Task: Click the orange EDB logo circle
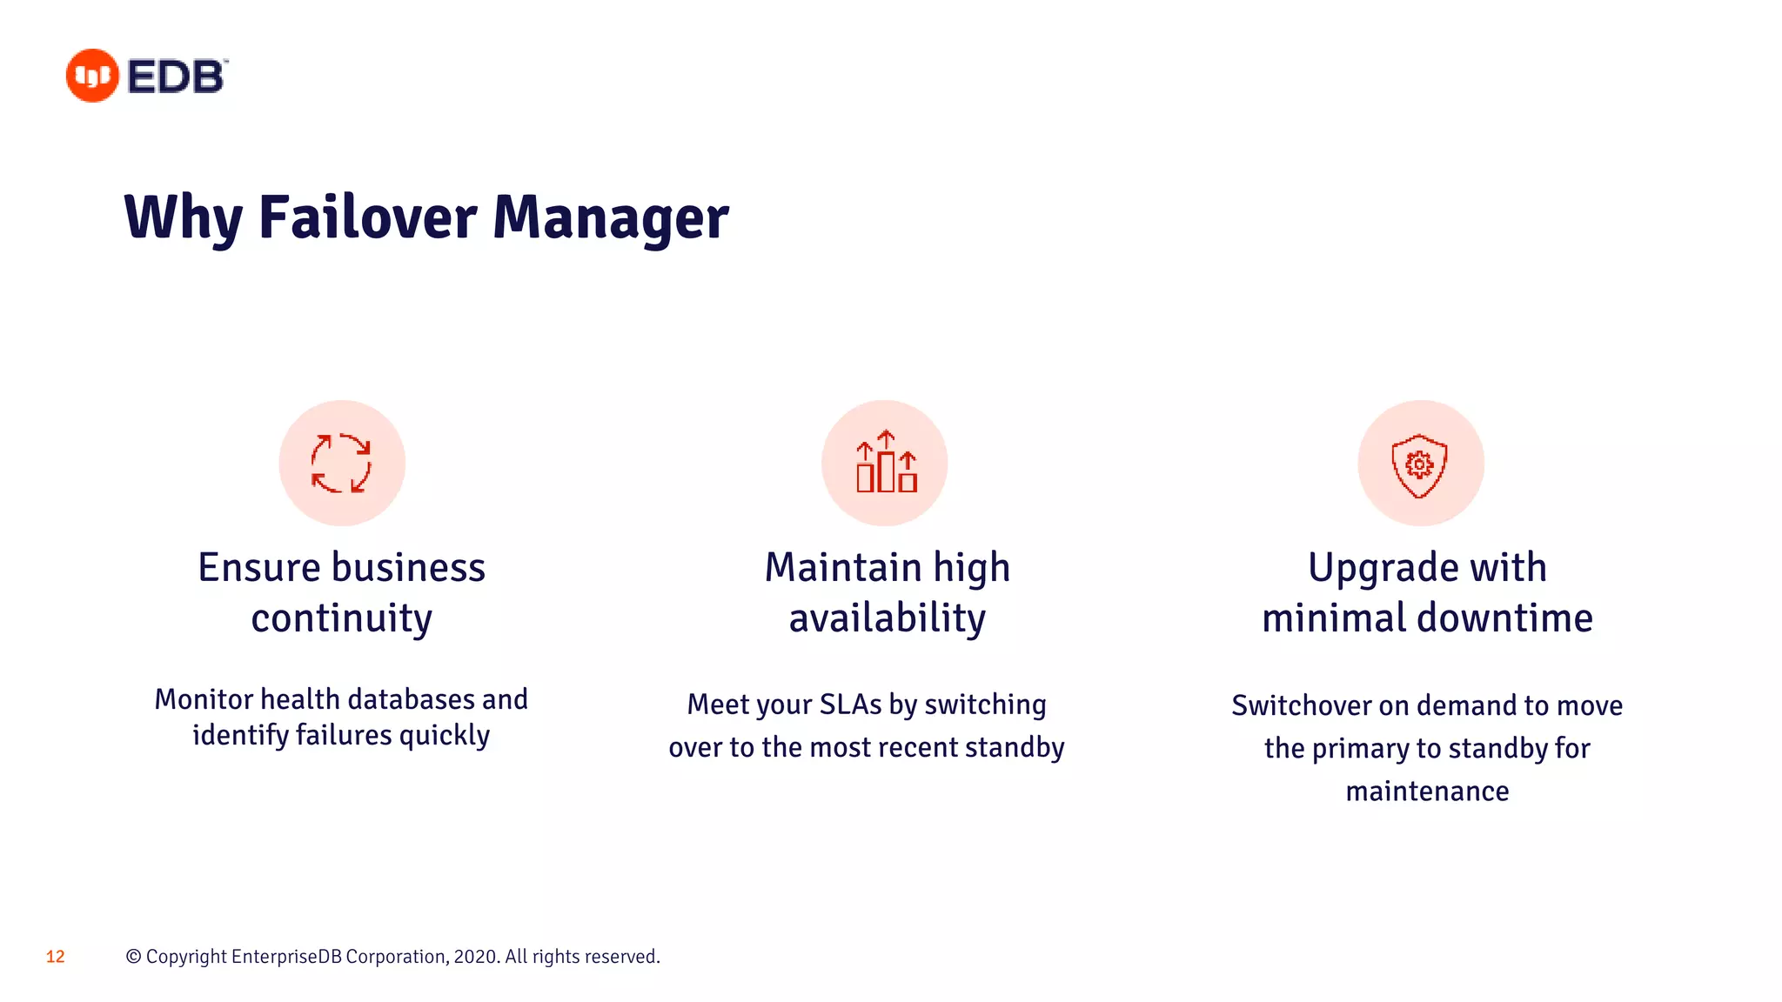click(92, 76)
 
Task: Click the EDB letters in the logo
click(177, 77)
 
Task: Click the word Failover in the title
click(367, 217)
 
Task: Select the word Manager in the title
click(611, 217)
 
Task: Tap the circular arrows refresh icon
click(341, 463)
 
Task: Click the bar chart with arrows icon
click(886, 463)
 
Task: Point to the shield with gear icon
click(1419, 464)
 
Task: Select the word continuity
click(341, 619)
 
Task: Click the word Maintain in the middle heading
click(842, 568)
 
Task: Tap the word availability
click(887, 619)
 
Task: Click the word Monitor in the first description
click(204, 699)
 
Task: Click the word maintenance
click(1427, 792)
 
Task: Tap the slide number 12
click(56, 957)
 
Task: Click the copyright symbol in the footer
click(133, 957)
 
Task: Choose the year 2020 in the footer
click(475, 957)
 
